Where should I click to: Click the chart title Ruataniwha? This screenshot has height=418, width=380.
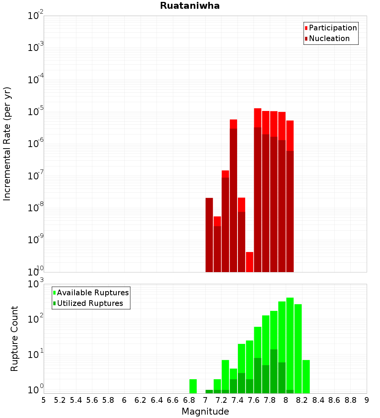tap(190, 6)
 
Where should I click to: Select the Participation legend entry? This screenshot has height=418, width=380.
tap(333, 28)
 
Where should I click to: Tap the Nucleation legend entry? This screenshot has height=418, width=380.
tap(329, 38)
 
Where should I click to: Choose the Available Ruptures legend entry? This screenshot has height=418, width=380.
tap(93, 293)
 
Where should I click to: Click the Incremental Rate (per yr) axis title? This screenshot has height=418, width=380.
tap(7, 144)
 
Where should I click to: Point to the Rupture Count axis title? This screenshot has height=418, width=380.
tap(14, 338)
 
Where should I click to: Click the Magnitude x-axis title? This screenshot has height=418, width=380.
tap(205, 412)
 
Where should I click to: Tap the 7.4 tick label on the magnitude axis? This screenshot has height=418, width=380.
tap(237, 400)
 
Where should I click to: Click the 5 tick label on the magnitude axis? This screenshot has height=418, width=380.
tap(44, 400)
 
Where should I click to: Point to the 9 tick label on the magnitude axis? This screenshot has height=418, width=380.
tap(367, 400)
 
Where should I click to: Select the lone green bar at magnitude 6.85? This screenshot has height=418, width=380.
tap(193, 386)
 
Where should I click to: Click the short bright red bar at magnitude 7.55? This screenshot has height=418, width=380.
tap(250, 262)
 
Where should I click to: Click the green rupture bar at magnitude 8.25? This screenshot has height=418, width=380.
tap(306, 376)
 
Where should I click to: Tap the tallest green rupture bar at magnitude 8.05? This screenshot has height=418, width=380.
tap(290, 342)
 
